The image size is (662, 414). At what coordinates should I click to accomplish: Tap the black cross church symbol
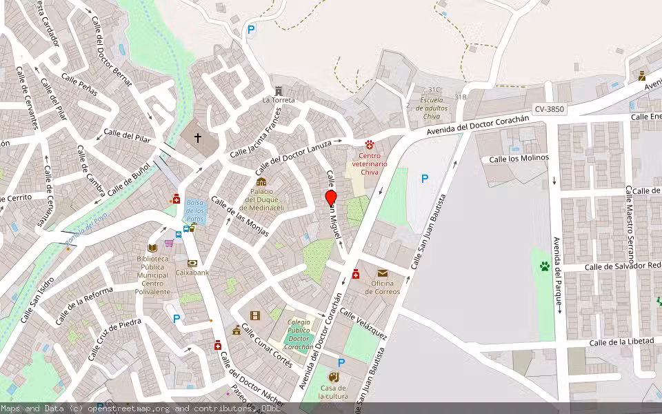click(198, 138)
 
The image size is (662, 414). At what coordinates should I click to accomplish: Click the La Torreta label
click(279, 100)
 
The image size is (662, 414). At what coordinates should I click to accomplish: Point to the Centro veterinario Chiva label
click(370, 164)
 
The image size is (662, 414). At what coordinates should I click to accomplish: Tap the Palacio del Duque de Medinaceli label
click(266, 199)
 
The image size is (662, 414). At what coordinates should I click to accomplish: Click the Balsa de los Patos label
click(194, 210)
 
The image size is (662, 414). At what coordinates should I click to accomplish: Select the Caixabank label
click(192, 273)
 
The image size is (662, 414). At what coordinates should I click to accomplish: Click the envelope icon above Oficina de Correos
click(383, 273)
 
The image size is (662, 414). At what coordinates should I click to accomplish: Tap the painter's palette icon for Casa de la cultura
click(334, 377)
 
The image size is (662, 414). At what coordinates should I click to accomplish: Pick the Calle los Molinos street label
click(519, 158)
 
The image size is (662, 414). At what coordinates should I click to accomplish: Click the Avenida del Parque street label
click(556, 275)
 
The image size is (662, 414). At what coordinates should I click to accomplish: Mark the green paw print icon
click(544, 265)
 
